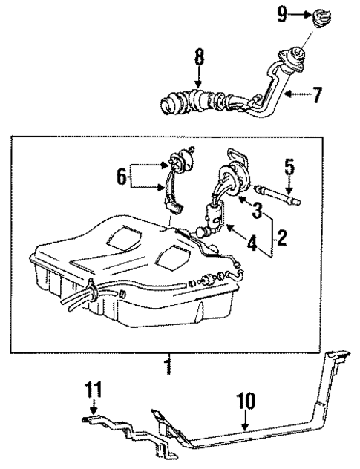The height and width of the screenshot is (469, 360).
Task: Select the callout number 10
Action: click(246, 402)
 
